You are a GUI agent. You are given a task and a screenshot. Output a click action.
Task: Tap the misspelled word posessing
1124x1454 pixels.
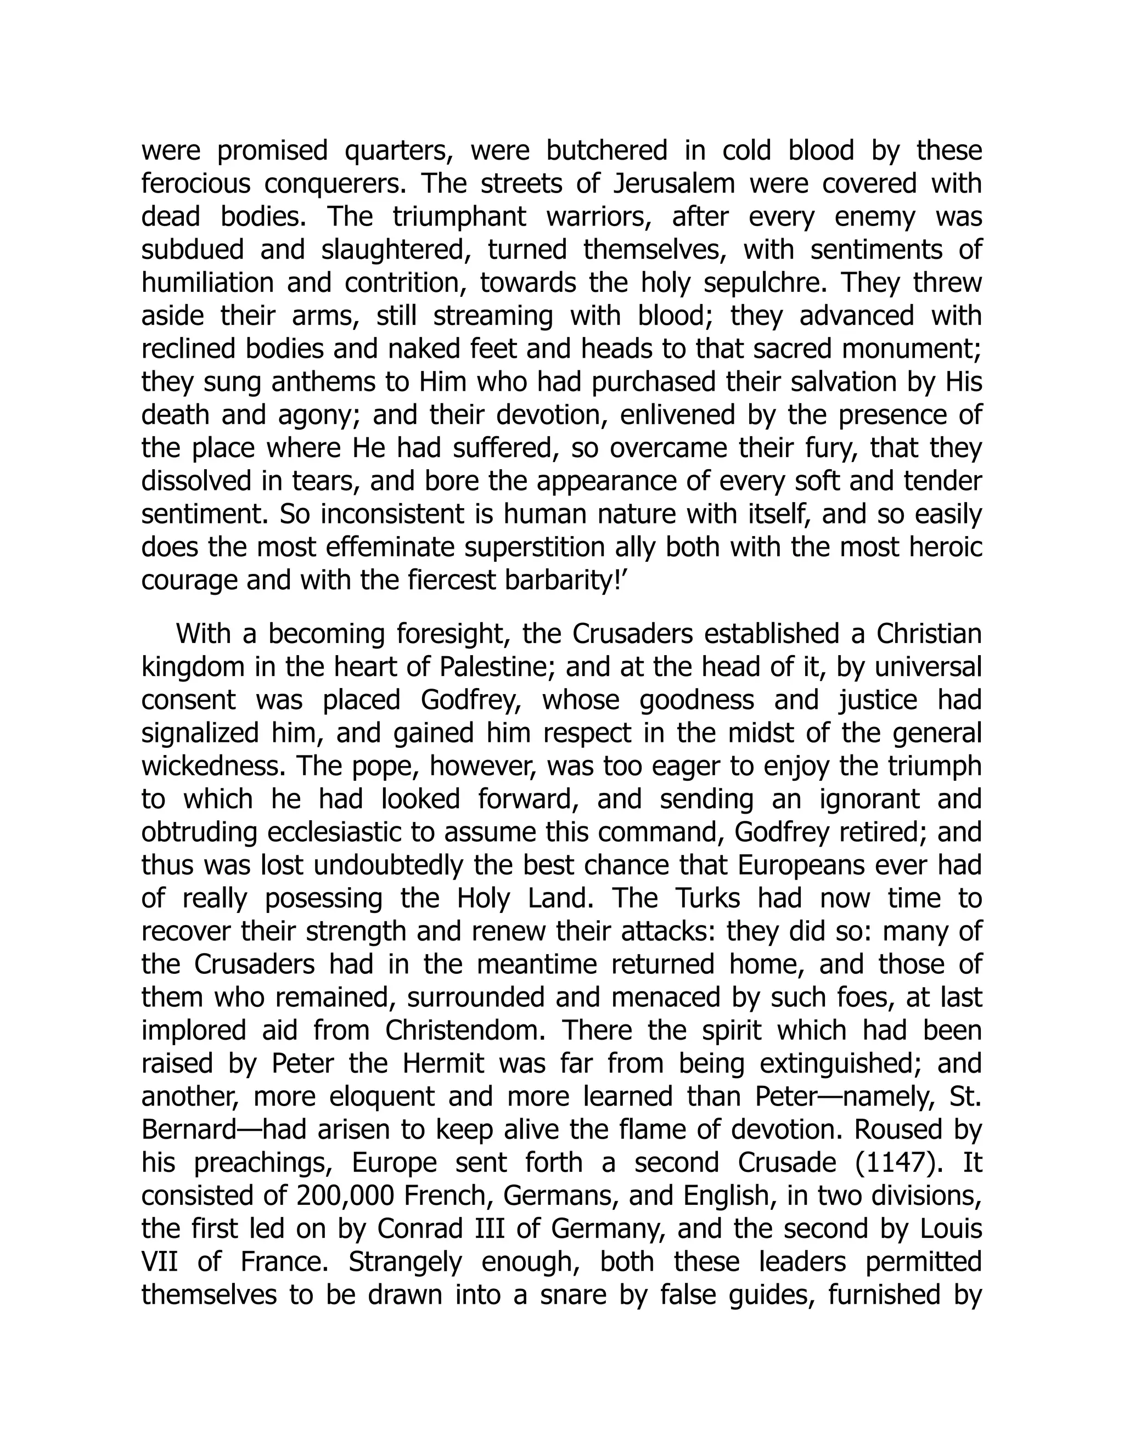324,899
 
